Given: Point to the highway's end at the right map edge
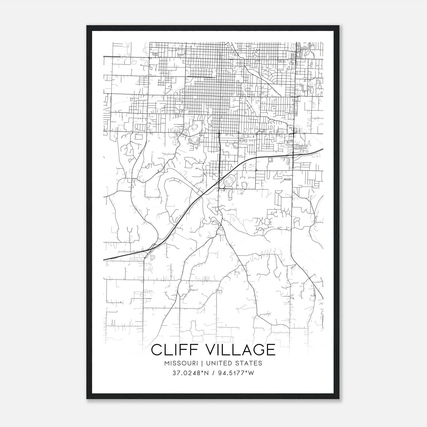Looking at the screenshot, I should click(323, 149).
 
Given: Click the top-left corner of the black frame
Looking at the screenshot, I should click(87, 26).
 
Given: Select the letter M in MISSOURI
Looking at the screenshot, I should click(167, 363).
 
